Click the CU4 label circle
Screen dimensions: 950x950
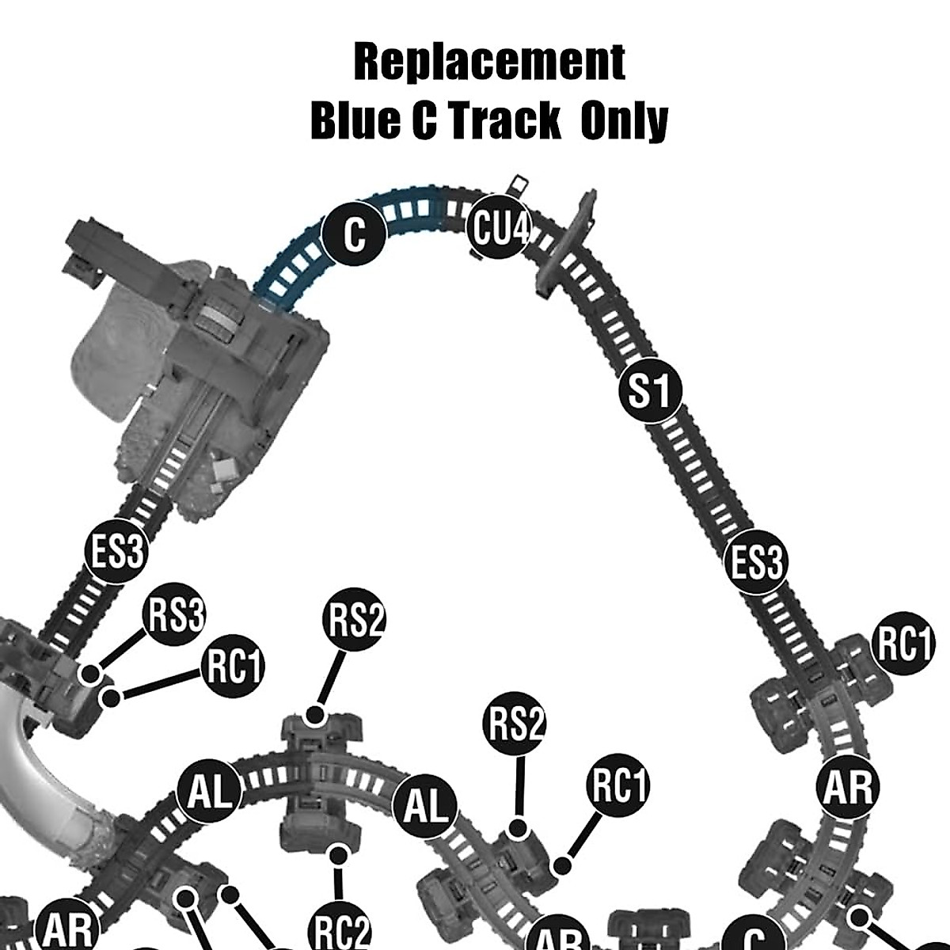point(499,228)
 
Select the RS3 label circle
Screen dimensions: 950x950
point(177,616)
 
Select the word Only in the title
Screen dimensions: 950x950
point(625,121)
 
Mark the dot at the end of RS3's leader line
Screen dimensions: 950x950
point(92,674)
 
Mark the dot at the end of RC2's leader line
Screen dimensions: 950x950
point(340,855)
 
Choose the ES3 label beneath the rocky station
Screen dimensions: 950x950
point(116,551)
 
